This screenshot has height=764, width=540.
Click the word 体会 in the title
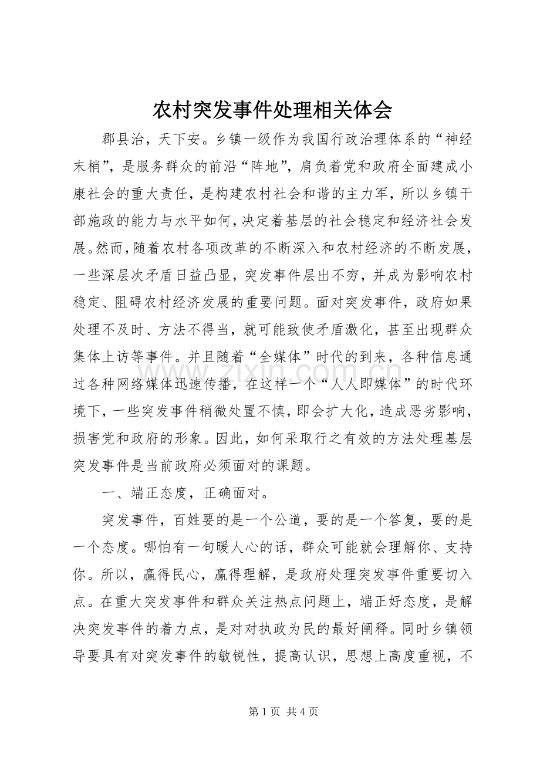click(x=369, y=109)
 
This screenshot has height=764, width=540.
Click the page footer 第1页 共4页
click(x=283, y=711)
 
